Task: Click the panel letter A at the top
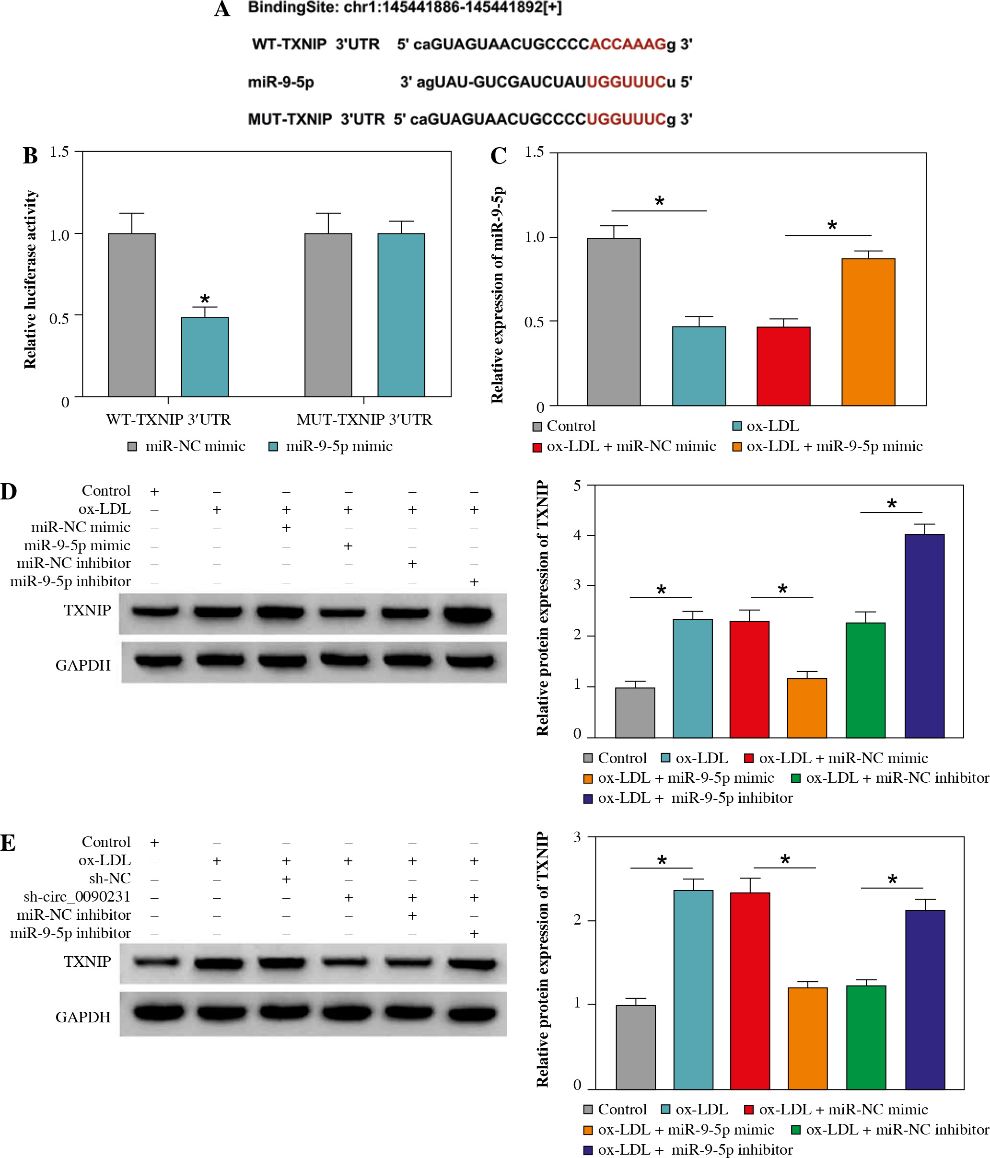click(x=222, y=10)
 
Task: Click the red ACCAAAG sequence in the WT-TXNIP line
click(x=628, y=44)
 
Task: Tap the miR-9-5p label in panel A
click(x=280, y=82)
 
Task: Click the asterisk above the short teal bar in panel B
click(x=205, y=299)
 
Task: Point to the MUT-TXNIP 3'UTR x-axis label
click(x=364, y=419)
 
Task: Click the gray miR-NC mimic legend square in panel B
click(x=132, y=446)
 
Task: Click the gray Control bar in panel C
click(x=613, y=321)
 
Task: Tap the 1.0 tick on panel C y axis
click(x=535, y=237)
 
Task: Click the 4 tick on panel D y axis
click(x=577, y=535)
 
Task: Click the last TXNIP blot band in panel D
click(x=468, y=614)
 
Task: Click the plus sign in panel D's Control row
click(x=154, y=491)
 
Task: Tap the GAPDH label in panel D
click(x=83, y=665)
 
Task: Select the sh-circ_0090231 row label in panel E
click(x=77, y=896)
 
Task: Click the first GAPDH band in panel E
click(x=158, y=1012)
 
